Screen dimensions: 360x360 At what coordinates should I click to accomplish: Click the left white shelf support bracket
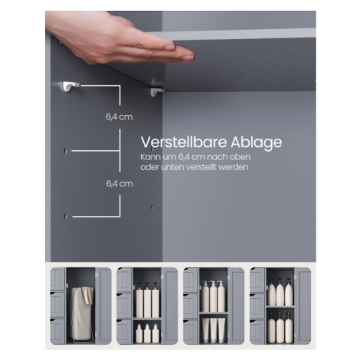[70, 86]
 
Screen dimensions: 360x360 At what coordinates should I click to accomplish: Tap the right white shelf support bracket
[156, 92]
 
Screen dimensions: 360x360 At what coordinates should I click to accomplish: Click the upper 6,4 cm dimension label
[119, 117]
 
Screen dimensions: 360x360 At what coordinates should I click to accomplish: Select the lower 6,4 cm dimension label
[119, 184]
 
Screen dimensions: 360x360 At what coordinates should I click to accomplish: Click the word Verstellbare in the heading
[184, 142]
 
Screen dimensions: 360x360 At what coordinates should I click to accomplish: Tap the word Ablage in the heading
[257, 143]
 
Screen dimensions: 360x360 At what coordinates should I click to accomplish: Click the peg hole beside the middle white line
[65, 151]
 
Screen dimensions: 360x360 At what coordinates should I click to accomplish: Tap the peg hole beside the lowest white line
[65, 216]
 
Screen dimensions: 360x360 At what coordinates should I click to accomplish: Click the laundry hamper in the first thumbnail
[81, 314]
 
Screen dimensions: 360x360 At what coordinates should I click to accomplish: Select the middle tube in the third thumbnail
[213, 329]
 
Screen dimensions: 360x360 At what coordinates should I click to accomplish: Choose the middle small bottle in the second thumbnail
[147, 333]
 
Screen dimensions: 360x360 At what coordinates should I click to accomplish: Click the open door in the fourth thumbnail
[303, 306]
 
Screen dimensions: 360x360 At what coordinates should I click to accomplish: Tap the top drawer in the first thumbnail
[57, 279]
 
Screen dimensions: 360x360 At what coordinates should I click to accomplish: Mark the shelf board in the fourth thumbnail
[280, 306]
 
